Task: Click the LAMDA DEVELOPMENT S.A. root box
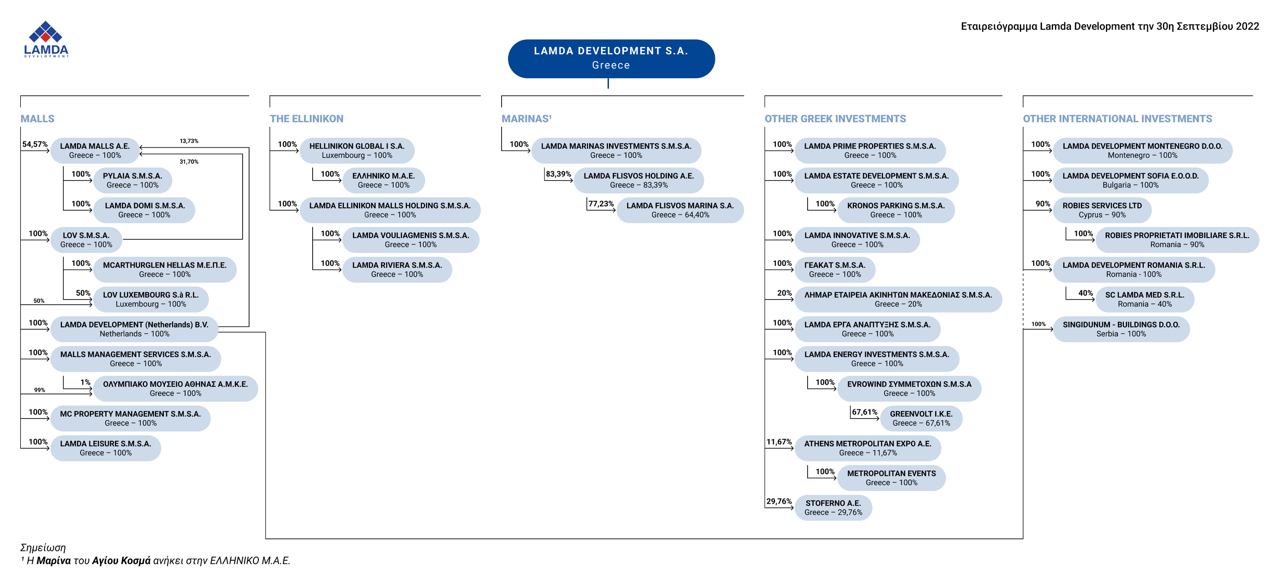click(611, 59)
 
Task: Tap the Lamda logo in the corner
click(46, 39)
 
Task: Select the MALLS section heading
click(37, 119)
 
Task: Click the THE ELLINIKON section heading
click(307, 119)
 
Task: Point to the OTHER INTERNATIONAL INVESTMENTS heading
click(1117, 119)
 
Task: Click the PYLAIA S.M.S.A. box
click(132, 180)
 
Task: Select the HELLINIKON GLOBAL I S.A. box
click(357, 150)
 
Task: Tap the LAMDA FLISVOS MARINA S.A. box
click(680, 210)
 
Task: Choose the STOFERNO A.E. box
click(833, 507)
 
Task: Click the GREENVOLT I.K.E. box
click(921, 418)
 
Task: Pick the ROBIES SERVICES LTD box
click(1102, 210)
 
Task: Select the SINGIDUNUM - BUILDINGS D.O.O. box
click(1122, 329)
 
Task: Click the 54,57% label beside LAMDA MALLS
click(35, 144)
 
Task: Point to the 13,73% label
click(189, 141)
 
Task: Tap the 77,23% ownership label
click(601, 204)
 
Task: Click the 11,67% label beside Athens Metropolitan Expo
click(779, 442)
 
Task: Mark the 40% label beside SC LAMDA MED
click(1085, 293)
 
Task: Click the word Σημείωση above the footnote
click(43, 547)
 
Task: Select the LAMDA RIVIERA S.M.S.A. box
click(397, 269)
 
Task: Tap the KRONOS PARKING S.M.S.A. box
click(896, 210)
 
